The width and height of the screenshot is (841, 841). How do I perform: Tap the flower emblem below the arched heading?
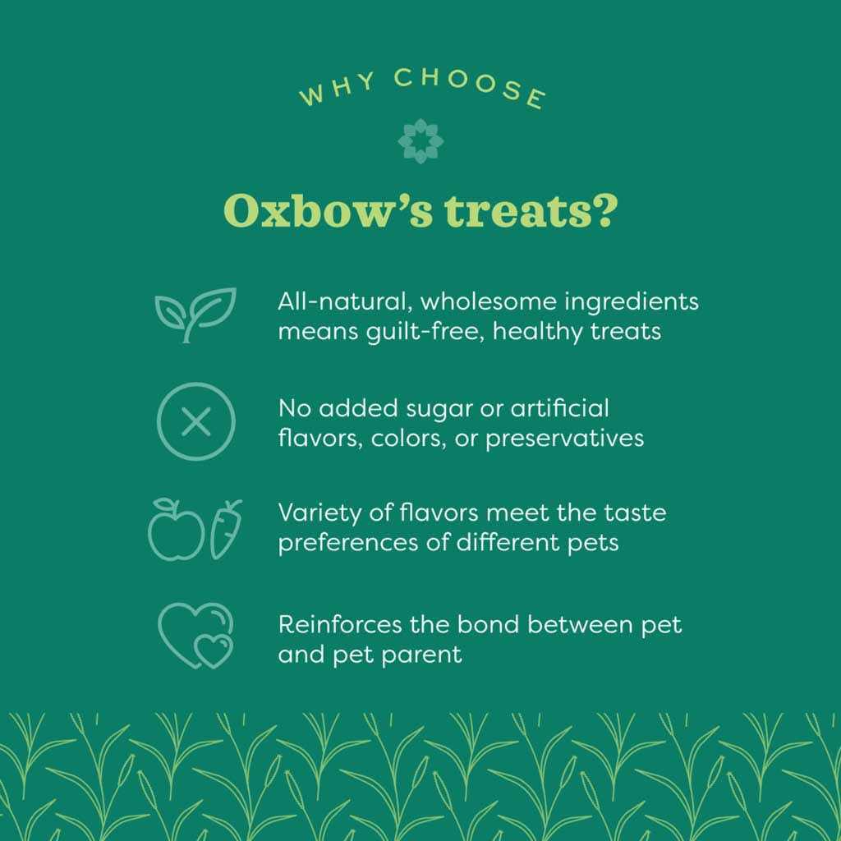click(420, 140)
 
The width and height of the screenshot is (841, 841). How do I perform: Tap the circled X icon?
click(195, 422)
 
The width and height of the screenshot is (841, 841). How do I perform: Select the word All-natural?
click(344, 301)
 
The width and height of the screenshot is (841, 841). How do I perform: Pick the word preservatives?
click(564, 438)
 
